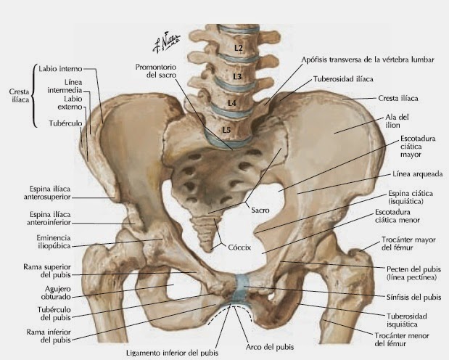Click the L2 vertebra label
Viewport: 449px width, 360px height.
pyautogui.click(x=239, y=47)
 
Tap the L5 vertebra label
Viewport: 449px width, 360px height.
pyautogui.click(x=226, y=130)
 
